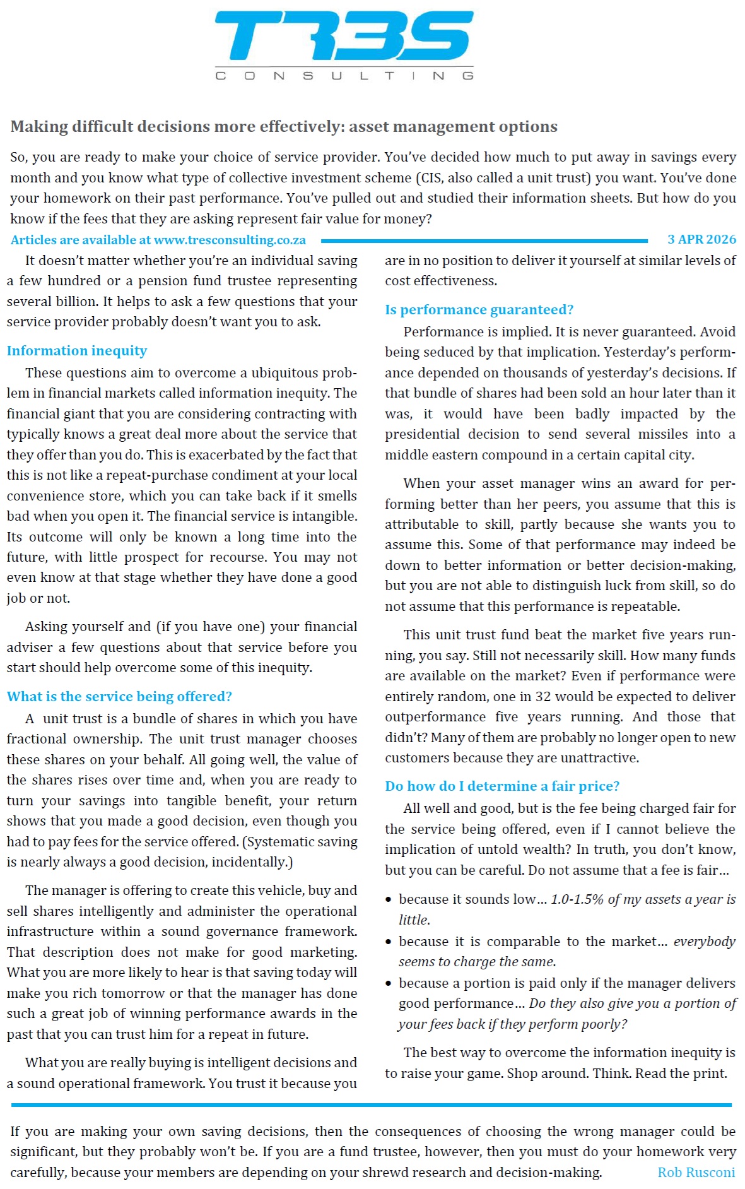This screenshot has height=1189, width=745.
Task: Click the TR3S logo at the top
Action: pyautogui.click(x=344, y=37)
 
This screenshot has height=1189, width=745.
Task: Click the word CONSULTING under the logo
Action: pyautogui.click(x=344, y=76)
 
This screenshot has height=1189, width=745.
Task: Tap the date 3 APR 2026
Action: pyautogui.click(x=701, y=239)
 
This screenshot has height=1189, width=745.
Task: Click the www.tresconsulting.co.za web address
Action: pyautogui.click(x=230, y=240)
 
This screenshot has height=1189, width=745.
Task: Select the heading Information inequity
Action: pyautogui.click(x=77, y=351)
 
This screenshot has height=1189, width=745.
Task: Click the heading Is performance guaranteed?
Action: pyautogui.click(x=479, y=310)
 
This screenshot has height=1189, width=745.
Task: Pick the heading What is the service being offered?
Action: pyautogui.click(x=119, y=697)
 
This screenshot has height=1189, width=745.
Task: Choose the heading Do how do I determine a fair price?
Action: pyautogui.click(x=502, y=786)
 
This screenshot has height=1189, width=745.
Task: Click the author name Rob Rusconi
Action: pyautogui.click(x=696, y=1173)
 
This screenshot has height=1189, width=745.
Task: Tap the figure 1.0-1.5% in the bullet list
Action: pyautogui.click(x=577, y=899)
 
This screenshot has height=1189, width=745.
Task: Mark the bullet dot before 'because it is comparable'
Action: pyautogui.click(x=389, y=942)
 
